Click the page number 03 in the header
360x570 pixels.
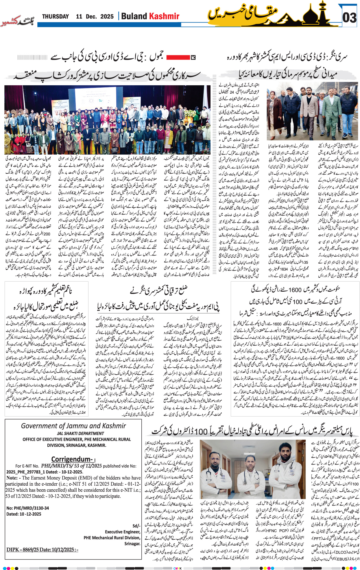pos(349,18)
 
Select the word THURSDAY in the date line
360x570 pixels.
pos(56,16)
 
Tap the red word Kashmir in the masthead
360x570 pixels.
pos(164,16)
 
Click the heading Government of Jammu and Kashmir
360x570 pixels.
pos(73,426)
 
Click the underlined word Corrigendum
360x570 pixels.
pos(71,459)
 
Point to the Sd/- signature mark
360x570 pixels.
pos(136,525)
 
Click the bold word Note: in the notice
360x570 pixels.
pos(12,478)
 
